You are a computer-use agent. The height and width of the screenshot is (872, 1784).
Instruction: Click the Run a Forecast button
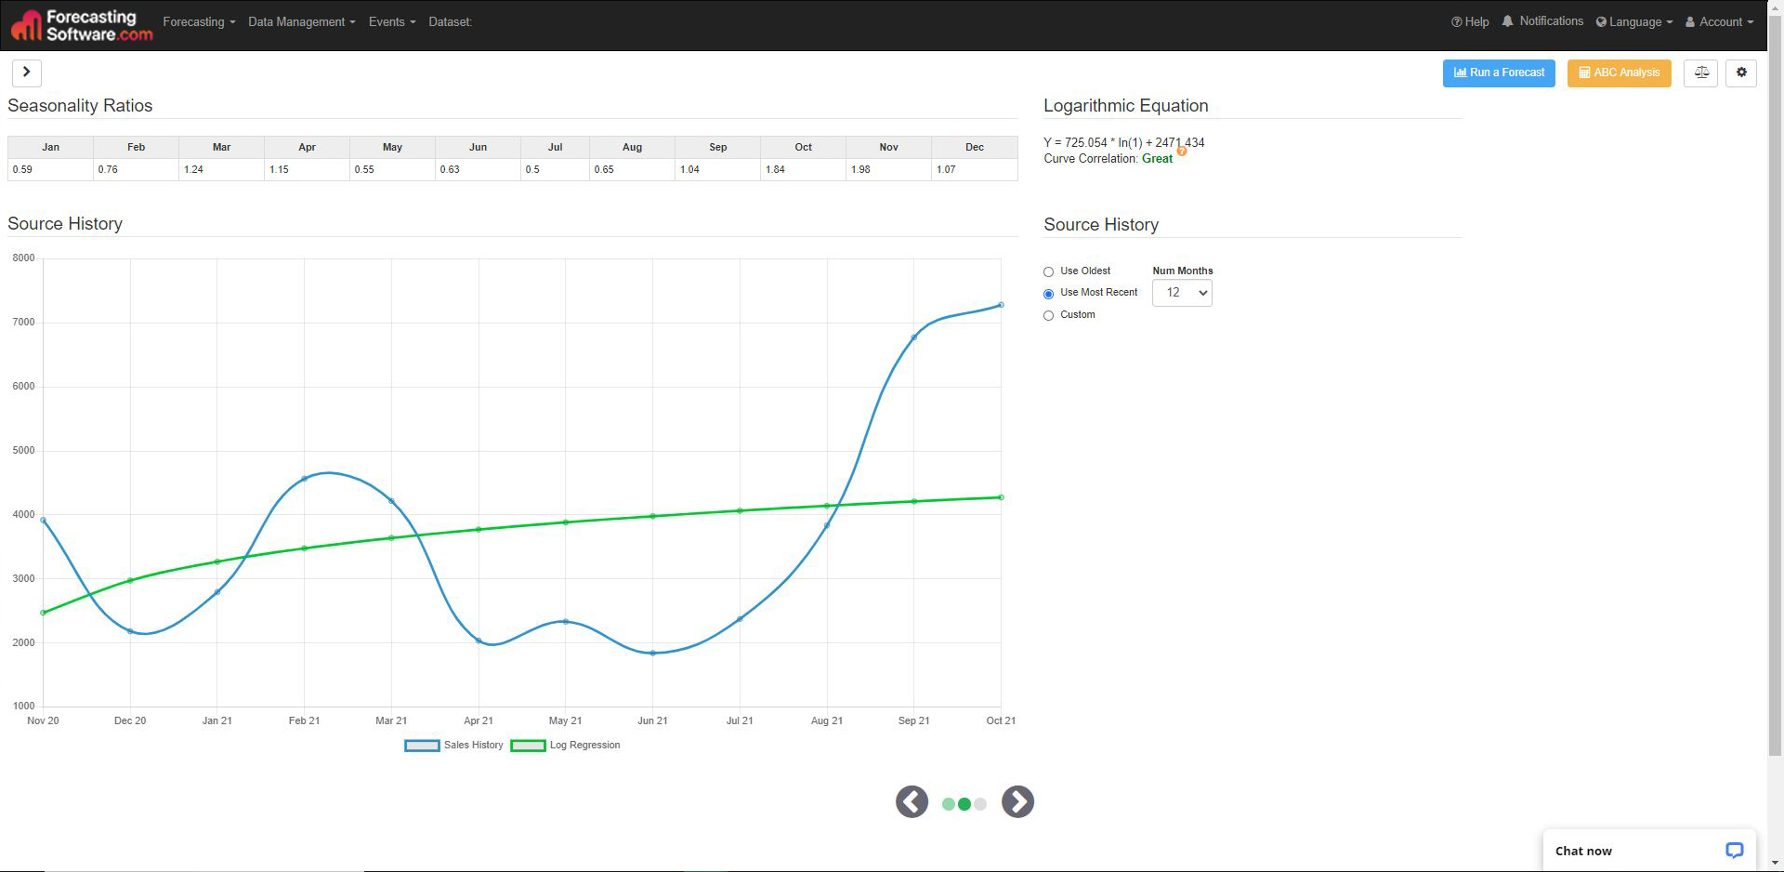click(x=1498, y=73)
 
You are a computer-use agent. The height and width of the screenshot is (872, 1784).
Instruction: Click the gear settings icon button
click(x=1740, y=73)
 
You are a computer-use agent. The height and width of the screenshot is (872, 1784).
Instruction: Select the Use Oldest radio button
click(x=1049, y=271)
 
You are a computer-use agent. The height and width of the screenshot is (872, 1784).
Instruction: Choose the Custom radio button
click(x=1049, y=315)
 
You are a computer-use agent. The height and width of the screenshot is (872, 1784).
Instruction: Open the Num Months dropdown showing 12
click(x=1182, y=293)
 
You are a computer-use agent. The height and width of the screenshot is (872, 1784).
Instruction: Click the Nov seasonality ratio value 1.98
click(x=860, y=169)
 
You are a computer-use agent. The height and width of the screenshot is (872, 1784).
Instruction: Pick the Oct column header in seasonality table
click(x=803, y=147)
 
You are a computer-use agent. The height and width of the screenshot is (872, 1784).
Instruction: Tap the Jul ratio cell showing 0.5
click(x=532, y=169)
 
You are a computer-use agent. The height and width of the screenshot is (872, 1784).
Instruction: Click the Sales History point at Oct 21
click(x=1001, y=305)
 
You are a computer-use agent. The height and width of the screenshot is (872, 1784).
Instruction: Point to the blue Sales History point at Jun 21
click(x=652, y=653)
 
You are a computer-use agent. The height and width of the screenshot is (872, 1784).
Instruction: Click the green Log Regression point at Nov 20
click(x=44, y=613)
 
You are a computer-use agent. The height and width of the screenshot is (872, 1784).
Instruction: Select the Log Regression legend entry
click(x=566, y=746)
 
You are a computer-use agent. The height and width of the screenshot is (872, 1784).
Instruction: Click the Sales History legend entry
click(x=455, y=746)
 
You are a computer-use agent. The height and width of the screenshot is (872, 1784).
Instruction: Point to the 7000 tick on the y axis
click(x=23, y=323)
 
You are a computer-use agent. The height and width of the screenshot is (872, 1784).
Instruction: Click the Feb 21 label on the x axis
click(x=304, y=720)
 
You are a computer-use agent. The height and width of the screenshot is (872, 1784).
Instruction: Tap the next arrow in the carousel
click(x=1017, y=801)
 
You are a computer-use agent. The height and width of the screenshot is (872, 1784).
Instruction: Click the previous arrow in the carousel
click(x=912, y=801)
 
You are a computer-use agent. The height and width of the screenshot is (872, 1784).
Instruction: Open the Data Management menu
click(x=301, y=22)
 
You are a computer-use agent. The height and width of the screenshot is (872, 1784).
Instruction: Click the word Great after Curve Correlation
click(x=1157, y=159)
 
